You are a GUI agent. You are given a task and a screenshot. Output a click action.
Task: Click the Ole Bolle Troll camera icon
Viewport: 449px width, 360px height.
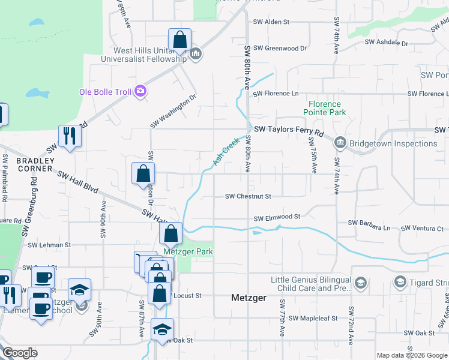point(140,91)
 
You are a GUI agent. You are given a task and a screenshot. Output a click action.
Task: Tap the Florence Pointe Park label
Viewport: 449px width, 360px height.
point(325,108)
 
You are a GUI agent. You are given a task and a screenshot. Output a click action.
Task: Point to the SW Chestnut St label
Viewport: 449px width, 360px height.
point(249,196)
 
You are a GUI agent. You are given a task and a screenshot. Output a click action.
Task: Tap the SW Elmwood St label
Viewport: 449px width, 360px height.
point(277,218)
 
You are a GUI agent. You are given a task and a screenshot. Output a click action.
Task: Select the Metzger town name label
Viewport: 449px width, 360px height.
point(249,298)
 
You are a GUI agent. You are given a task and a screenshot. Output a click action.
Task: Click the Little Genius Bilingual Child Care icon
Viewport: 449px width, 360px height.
point(360,283)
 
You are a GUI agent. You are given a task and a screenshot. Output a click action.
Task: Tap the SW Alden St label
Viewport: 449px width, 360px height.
point(271,22)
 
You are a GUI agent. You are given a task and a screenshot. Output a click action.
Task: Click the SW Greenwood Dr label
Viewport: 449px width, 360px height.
point(280,48)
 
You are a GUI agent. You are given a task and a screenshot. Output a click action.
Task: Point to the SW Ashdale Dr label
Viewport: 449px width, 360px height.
point(386,44)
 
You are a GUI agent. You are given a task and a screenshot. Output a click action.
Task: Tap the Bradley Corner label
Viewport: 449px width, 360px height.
point(35,164)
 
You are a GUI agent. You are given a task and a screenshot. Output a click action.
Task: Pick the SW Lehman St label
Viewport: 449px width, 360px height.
point(49,245)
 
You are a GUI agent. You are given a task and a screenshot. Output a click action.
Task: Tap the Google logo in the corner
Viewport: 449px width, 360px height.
point(20,353)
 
